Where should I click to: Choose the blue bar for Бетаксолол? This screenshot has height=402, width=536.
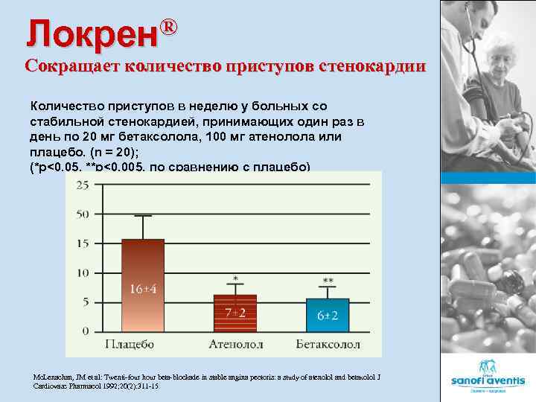point(328,314)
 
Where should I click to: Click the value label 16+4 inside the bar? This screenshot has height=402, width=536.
point(144,289)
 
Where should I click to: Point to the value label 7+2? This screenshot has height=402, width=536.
point(236,313)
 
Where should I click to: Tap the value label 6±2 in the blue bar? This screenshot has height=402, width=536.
point(328,316)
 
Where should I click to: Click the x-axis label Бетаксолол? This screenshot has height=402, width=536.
point(328,344)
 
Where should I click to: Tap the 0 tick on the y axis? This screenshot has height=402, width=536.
point(86,331)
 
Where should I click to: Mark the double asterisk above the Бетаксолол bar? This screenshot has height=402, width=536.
point(328,281)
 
